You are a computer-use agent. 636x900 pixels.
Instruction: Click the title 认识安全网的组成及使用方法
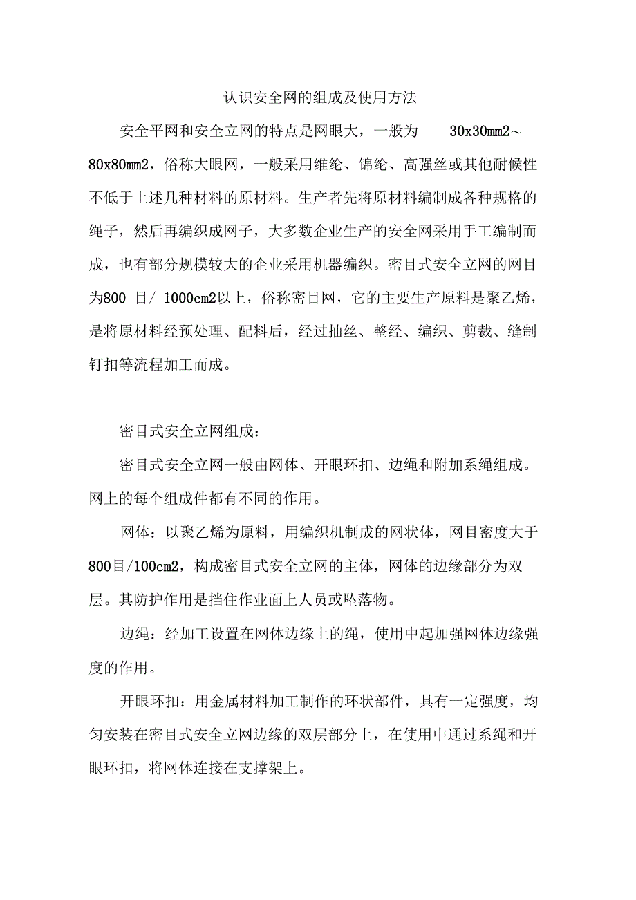point(319,97)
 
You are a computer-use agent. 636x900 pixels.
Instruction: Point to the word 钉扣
point(104,366)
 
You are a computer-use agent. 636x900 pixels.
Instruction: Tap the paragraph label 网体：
point(141,532)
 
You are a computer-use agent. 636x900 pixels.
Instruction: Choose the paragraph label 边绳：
point(141,633)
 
